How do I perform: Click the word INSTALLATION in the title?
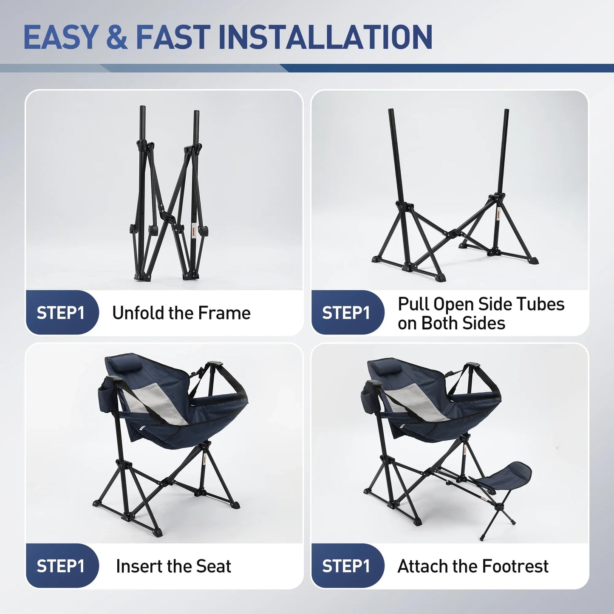click(325, 37)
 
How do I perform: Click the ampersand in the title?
click(117, 37)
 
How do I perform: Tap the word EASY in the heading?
click(60, 37)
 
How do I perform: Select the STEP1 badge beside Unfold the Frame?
click(60, 313)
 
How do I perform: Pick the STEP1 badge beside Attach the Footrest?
click(346, 566)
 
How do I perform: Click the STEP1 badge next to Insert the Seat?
click(60, 566)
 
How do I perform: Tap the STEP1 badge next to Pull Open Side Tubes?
click(346, 313)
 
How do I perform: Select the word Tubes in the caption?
click(540, 304)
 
